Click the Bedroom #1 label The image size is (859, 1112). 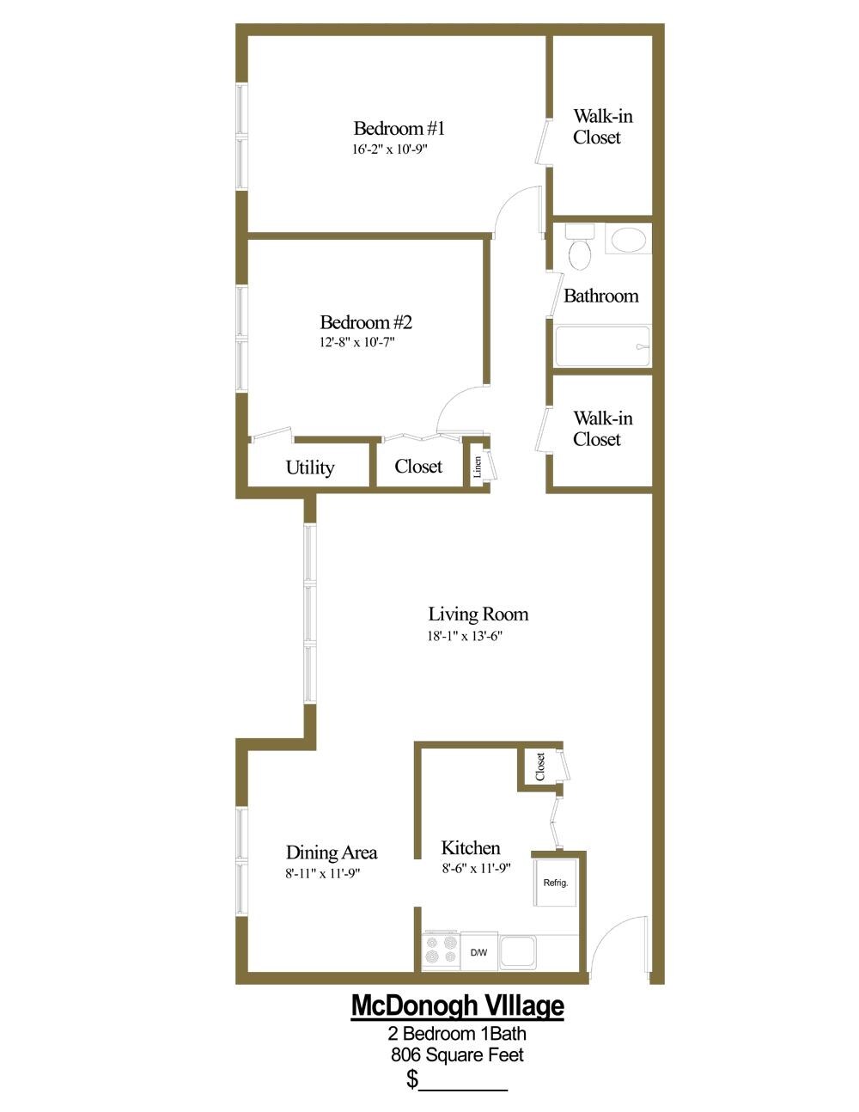coord(399,129)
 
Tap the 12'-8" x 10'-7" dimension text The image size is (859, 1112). coord(356,342)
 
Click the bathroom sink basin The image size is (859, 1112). coord(629,239)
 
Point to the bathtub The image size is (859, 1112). coord(602,347)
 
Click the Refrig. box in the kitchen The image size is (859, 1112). coord(555,883)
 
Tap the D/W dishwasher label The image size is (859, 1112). coord(478,952)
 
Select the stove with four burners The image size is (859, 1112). coord(441,951)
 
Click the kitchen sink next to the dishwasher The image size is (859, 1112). coord(517,951)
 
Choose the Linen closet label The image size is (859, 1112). coord(477,467)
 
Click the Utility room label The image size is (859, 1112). coord(310,467)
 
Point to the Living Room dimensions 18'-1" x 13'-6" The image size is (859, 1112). coord(465,637)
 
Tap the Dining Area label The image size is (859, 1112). coord(332,852)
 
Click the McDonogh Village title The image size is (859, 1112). coord(458,1005)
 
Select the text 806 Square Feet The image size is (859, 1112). coord(457,1054)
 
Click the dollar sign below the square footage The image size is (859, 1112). coord(413,1078)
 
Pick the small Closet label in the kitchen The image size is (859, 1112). coord(540,767)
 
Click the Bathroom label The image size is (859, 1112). coord(601,296)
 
